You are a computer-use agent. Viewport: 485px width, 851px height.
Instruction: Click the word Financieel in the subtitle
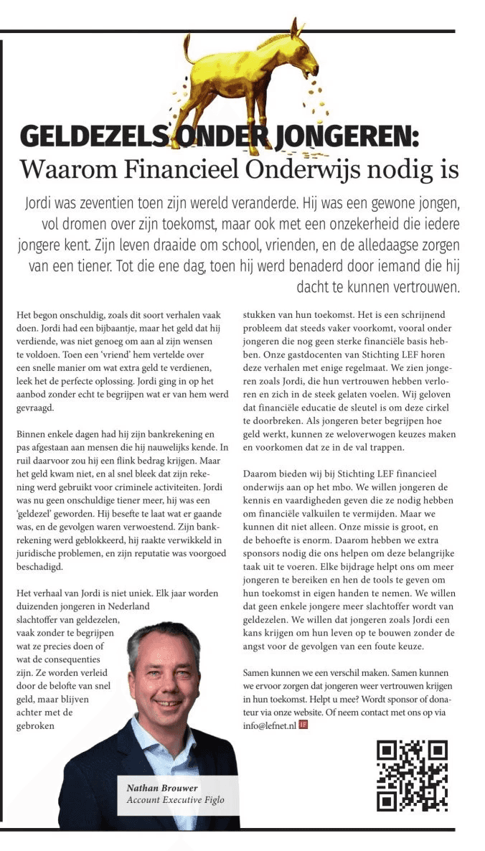pos(177,169)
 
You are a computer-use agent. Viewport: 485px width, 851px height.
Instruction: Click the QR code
pos(412,775)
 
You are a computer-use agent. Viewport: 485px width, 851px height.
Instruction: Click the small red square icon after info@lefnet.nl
pos(303,725)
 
